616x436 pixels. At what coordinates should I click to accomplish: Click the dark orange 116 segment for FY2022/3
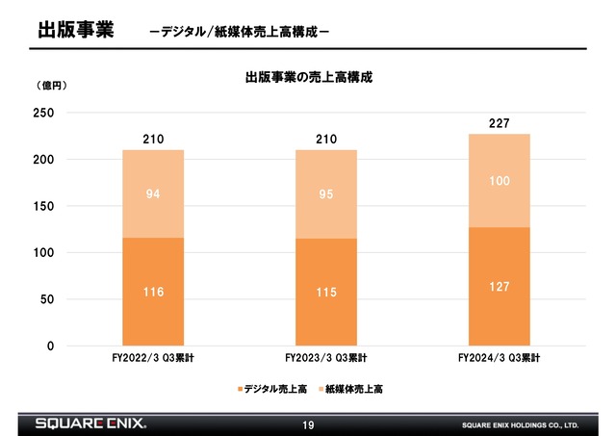[153, 292]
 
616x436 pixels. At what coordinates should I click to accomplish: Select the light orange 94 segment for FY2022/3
[153, 193]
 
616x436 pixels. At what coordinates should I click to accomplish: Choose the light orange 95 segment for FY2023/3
[326, 193]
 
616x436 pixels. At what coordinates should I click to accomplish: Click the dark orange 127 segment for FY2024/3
[499, 287]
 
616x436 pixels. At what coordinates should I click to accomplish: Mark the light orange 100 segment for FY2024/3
[499, 180]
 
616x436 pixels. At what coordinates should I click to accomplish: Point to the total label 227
[499, 122]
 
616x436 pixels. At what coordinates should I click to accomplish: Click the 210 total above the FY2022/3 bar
[153, 139]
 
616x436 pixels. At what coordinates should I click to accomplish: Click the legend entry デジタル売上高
[270, 389]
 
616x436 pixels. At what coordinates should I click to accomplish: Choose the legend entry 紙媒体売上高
[352, 389]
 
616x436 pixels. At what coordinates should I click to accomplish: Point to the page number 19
[308, 423]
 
